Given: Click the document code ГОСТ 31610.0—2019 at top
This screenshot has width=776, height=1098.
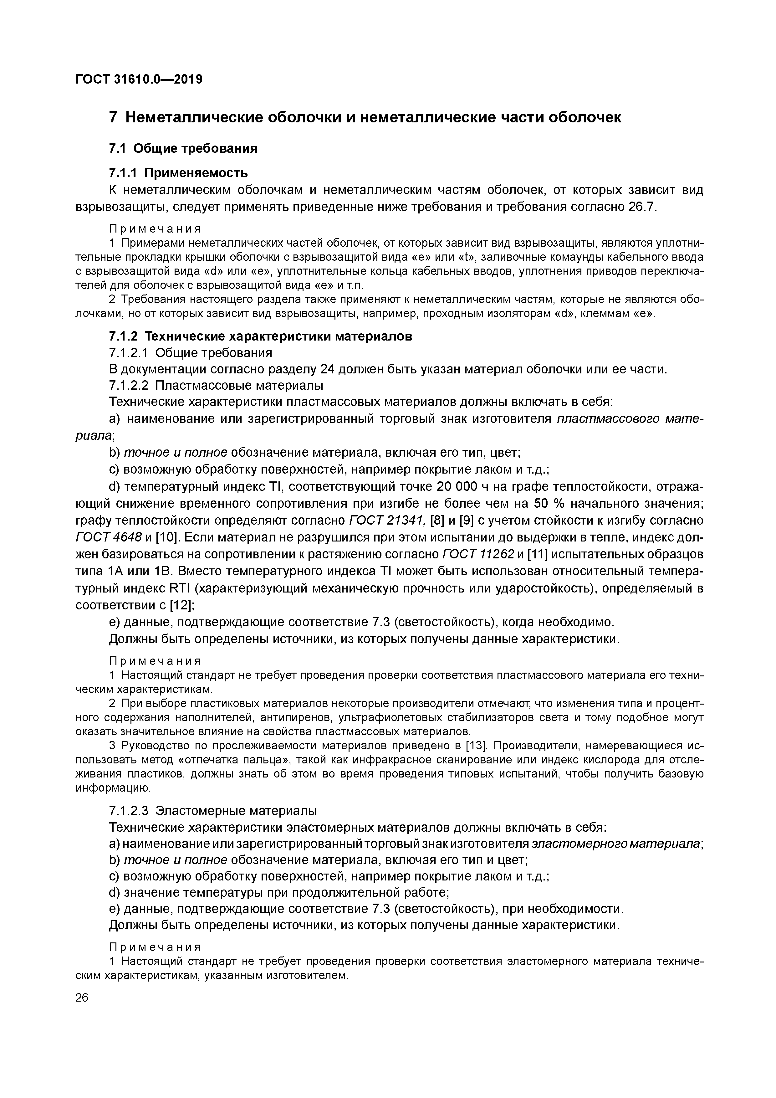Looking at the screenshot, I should (139, 80).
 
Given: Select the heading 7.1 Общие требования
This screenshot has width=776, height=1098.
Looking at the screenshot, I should (183, 149).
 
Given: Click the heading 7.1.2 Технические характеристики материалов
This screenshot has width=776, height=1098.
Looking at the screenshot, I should (261, 336).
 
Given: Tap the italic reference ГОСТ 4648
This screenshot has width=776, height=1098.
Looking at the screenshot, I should (109, 537).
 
